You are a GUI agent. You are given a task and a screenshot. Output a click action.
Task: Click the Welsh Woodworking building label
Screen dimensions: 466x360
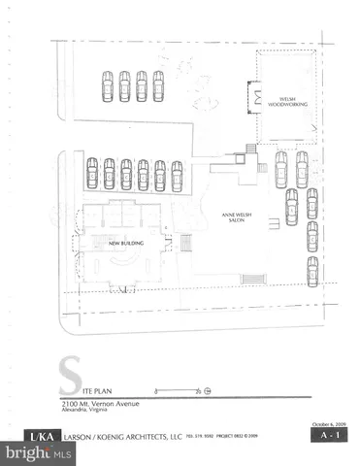point(279,101)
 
